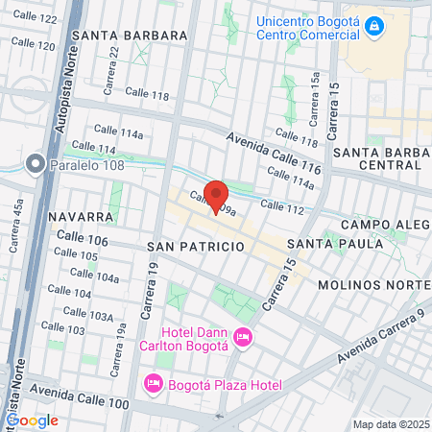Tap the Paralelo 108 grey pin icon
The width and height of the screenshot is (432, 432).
[36, 165]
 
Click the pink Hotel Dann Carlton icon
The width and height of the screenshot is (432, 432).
[242, 336]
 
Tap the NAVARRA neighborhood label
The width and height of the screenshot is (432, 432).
[73, 217]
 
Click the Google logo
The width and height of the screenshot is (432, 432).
[32, 420]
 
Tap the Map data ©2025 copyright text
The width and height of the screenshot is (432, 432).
[388, 424]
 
